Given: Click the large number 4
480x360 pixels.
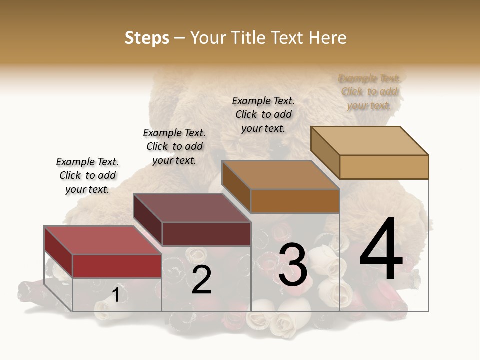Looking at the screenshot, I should point(381,250).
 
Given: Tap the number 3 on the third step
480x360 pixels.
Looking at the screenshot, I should point(293,265).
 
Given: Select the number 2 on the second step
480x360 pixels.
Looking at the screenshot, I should point(201,280).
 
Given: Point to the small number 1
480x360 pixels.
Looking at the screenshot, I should point(116,295).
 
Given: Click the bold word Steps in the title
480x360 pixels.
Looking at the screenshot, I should point(147,38).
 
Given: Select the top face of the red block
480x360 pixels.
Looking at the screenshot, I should point(102,240).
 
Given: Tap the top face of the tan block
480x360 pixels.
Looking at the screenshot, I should point(369,141).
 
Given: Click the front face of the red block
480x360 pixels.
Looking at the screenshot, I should point(117,266).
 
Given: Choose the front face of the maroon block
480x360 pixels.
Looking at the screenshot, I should point(206,234).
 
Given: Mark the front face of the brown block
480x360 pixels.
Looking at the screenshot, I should point(295,201).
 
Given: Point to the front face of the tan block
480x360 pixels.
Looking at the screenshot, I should point(384,167).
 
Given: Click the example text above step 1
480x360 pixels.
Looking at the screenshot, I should point(87,175).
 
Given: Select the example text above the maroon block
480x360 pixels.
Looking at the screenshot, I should point(174,146).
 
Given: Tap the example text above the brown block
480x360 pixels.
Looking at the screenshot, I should point(263,114).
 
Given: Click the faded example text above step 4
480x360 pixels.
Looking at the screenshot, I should point(369,92).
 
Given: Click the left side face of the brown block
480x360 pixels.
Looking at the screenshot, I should point(236,186).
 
